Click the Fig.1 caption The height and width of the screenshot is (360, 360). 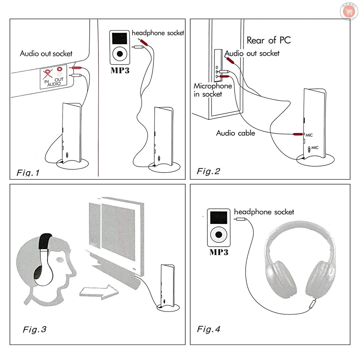[x=28, y=173]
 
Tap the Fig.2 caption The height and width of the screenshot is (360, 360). [x=208, y=171]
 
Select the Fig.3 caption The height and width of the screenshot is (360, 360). [x=34, y=329]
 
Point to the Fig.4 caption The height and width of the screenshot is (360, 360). [x=208, y=329]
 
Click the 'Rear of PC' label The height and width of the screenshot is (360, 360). [x=269, y=40]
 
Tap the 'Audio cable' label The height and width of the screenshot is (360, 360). [x=236, y=133]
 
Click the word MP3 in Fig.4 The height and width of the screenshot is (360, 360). [x=219, y=252]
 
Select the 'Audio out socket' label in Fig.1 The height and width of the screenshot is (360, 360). [x=46, y=53]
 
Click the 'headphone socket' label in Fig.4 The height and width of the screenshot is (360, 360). [x=264, y=212]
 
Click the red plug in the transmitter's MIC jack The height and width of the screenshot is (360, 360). [x=297, y=134]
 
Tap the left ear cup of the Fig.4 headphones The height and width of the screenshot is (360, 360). [x=281, y=279]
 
